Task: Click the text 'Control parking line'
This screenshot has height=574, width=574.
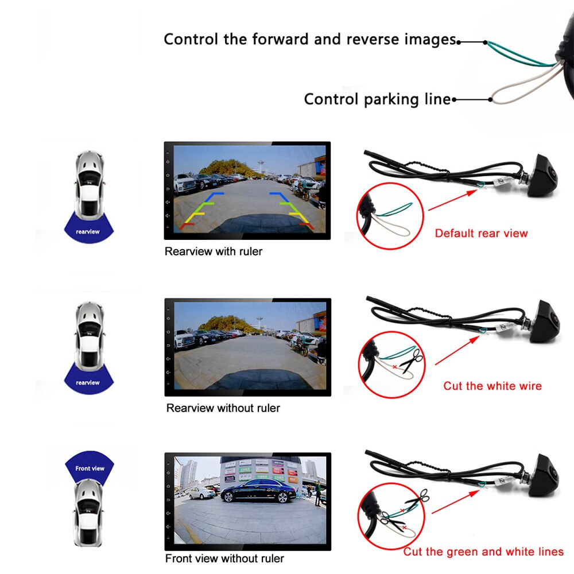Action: pyautogui.click(x=377, y=99)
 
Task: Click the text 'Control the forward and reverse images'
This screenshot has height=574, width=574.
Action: pyautogui.click(x=310, y=40)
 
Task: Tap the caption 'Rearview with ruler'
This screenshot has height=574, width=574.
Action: pyautogui.click(x=214, y=251)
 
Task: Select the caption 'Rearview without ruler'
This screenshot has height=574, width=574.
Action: pyautogui.click(x=223, y=408)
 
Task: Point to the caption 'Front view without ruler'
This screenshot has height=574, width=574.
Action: pyautogui.click(x=224, y=559)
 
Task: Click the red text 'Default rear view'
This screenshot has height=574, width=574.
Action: pyautogui.click(x=481, y=233)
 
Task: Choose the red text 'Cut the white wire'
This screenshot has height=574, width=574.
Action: pyautogui.click(x=492, y=386)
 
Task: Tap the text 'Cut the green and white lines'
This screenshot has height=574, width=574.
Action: pyautogui.click(x=483, y=552)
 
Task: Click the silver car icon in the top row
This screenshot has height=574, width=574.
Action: pyautogui.click(x=91, y=183)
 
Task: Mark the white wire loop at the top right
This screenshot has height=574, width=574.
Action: pyautogui.click(x=519, y=92)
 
